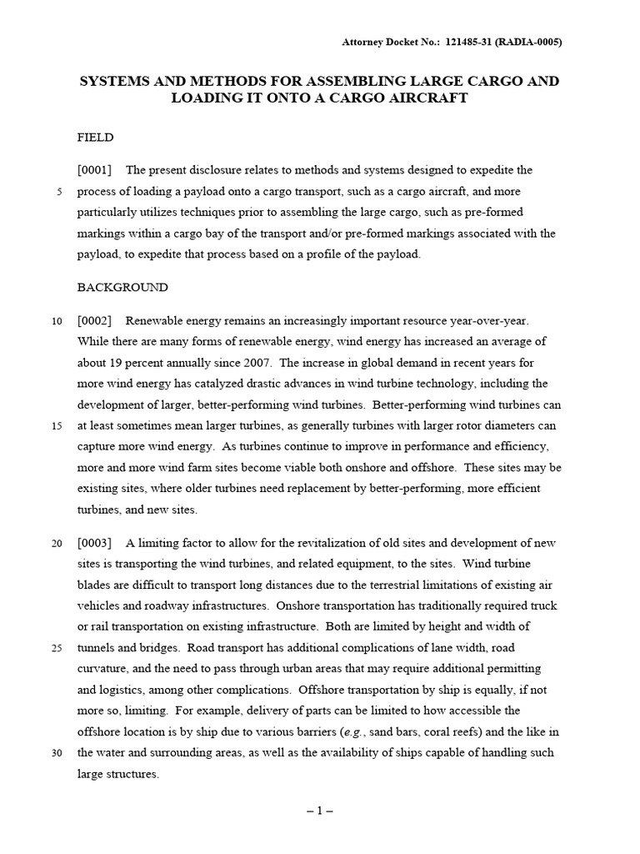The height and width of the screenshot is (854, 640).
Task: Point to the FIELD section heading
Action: (x=95, y=137)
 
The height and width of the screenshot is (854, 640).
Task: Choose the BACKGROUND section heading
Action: (x=122, y=287)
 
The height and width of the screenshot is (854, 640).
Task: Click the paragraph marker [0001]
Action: (x=94, y=170)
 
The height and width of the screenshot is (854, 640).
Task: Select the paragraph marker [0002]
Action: (x=94, y=320)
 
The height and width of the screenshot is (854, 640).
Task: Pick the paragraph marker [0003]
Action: (x=94, y=543)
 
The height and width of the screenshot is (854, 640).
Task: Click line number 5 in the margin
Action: (x=59, y=192)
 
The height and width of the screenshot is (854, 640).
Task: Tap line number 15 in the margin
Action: (x=57, y=425)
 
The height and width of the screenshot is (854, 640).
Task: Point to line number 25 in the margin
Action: (x=57, y=648)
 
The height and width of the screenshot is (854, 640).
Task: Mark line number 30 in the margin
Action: (x=57, y=752)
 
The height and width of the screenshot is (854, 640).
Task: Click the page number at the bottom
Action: (x=320, y=811)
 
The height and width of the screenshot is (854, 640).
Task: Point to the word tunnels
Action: (x=95, y=648)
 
